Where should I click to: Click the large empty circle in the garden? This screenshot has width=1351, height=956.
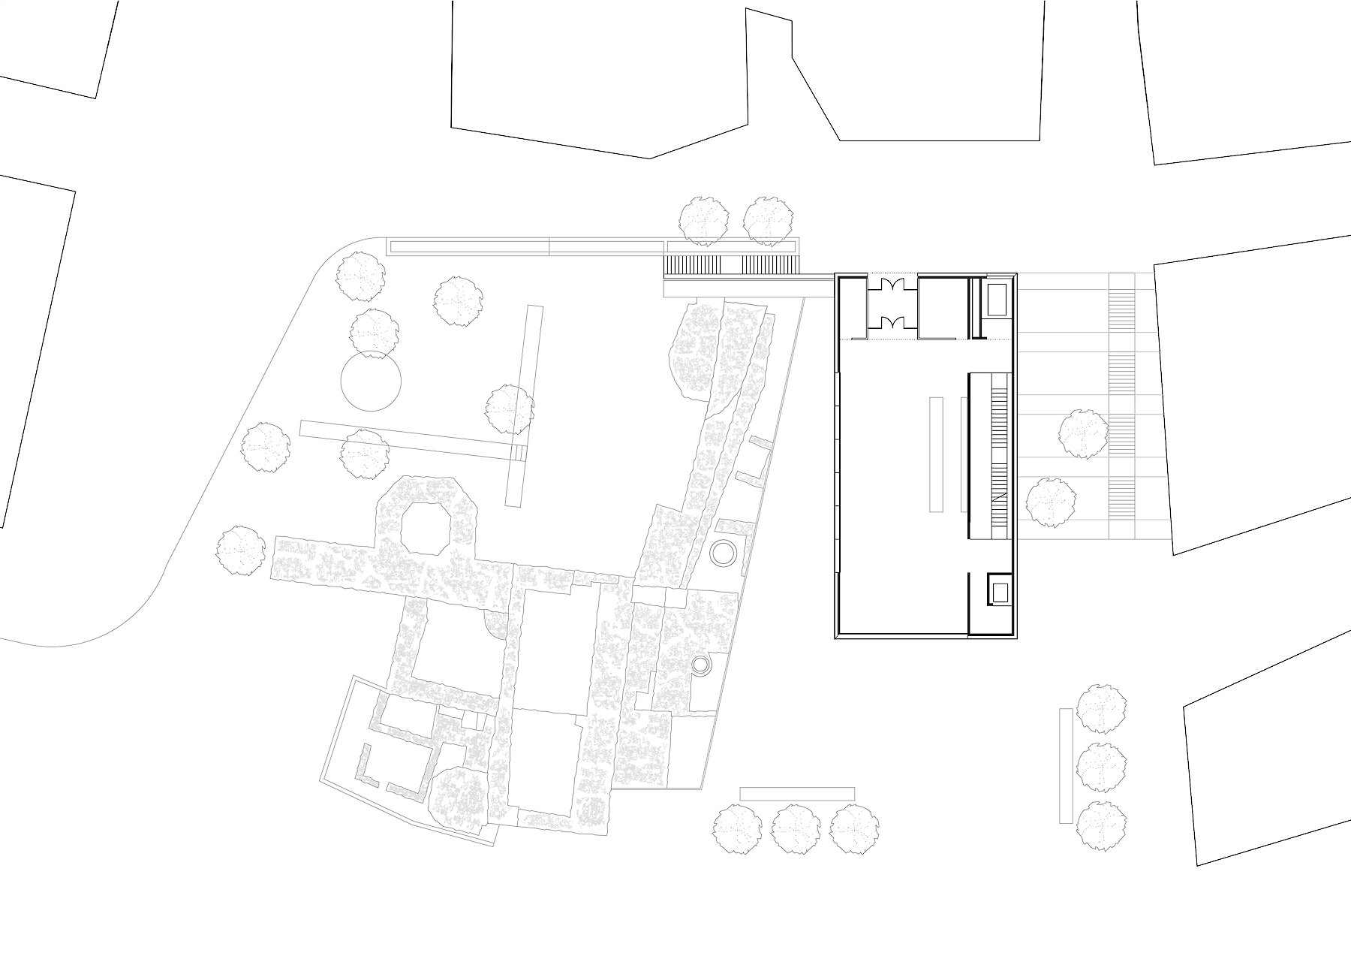tap(371, 381)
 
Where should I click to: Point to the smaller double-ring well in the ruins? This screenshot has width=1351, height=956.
tap(700, 664)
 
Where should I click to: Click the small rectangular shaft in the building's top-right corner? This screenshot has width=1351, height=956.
tap(997, 300)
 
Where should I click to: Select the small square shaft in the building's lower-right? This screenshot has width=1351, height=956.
tap(1000, 589)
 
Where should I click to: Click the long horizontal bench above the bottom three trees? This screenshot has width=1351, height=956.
tap(797, 794)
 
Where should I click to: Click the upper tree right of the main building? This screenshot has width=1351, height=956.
tap(1084, 433)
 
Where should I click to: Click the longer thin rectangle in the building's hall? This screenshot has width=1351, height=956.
tap(935, 454)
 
